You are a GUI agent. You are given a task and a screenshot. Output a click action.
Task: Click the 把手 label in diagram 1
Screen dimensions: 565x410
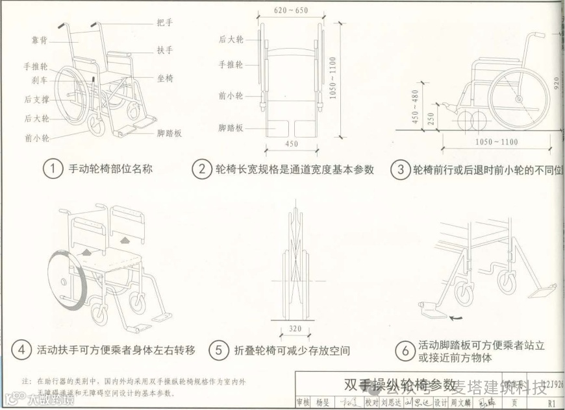point(165,23)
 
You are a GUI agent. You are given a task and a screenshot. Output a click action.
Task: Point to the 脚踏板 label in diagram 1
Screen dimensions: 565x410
point(169,134)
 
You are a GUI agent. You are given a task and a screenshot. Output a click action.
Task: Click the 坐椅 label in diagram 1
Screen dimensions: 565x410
point(165,78)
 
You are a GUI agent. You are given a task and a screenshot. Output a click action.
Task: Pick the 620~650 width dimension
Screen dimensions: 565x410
point(290,10)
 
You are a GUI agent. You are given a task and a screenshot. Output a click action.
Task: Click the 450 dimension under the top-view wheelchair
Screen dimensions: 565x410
point(291,143)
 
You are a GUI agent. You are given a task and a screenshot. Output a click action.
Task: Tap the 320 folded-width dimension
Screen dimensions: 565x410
point(295,329)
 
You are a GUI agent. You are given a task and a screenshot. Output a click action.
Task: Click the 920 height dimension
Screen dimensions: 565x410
point(555,84)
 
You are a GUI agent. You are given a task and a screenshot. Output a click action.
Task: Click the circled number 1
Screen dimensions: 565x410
point(53,170)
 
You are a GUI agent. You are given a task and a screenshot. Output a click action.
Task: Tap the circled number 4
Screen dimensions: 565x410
point(21,350)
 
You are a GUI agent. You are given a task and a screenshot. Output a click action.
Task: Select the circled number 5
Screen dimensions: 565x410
point(218,350)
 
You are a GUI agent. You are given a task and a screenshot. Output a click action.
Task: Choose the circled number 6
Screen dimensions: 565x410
point(405,351)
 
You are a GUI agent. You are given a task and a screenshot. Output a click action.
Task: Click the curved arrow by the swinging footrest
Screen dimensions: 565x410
point(458,317)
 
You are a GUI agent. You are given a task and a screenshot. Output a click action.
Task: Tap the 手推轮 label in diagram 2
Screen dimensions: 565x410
point(231,65)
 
